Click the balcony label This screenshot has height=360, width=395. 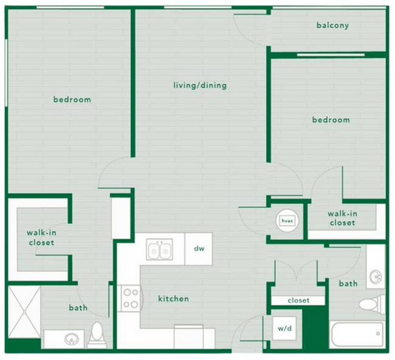tap(332, 26)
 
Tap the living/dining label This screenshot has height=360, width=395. tap(200, 85)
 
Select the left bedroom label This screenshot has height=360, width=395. tap(72, 100)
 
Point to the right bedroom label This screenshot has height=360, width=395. tap(331, 120)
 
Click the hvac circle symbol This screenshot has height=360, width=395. tap(287, 221)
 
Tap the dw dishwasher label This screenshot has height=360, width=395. tap(199, 248)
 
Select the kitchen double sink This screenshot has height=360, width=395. tap(159, 249)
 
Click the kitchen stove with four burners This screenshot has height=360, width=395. tap(130, 298)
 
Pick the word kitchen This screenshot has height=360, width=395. tap(173, 299)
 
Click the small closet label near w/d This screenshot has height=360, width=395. tap(298, 300)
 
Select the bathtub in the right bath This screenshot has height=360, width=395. tap(357, 334)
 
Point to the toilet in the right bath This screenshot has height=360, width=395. tap(371, 303)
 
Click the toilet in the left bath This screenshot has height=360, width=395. tap(96, 334)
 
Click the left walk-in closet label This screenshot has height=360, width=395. tap(40, 238)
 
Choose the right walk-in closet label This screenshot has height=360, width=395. tap(342, 218)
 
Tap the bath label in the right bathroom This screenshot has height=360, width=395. tap(348, 283)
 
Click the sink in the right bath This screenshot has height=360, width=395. tap(376, 277)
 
